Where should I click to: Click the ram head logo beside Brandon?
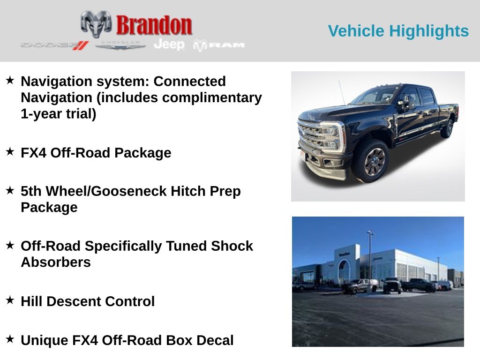coord(96,24)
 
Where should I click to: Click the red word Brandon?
coord(154,25)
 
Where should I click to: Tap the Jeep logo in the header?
coord(169,45)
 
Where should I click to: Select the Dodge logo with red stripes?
coord(55,45)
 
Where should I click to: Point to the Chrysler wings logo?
coord(120,45)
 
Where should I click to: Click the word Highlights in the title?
coord(429,31)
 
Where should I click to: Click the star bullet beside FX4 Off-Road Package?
coord(10,151)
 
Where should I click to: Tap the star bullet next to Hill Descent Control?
coord(10,300)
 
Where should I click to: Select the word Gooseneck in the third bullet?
coord(129,191)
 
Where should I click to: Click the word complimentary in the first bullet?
coord(212,97)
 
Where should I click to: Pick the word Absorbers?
coord(56,262)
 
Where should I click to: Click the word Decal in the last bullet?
coord(215,340)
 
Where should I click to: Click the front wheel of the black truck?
coord(373,160)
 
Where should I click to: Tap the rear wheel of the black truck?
coord(448,128)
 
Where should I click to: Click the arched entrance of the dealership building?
coord(345,271)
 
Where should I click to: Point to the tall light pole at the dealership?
coord(370,260)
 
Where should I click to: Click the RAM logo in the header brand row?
coord(219,45)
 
